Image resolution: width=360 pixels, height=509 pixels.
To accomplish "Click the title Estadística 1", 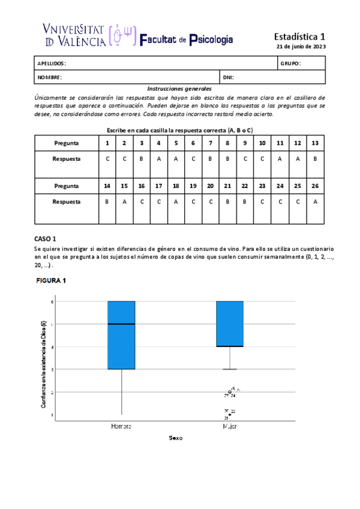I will point(299,36).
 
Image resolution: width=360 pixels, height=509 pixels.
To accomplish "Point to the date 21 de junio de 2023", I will point(301,47).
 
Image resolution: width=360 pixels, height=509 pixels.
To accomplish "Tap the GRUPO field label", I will point(290,63).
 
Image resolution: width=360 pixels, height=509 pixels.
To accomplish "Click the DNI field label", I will point(228,77).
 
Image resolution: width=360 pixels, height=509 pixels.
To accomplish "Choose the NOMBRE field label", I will point(50,77).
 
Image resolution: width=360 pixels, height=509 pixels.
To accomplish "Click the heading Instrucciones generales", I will point(180,88).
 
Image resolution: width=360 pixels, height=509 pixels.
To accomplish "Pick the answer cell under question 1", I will point(107,159).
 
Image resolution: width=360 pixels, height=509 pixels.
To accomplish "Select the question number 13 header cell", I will point(316,143).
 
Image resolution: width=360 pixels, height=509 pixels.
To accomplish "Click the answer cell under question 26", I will point(316,202).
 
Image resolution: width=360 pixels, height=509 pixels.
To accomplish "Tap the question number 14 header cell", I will point(107,186).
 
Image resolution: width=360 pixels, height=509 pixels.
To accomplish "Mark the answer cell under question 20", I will point(211,202).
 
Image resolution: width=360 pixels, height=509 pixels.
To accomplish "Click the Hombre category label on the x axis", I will point(121,426).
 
